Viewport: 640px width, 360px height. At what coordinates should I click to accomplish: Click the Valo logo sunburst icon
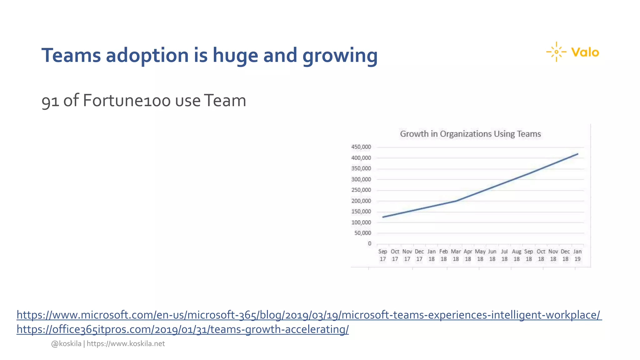point(556,52)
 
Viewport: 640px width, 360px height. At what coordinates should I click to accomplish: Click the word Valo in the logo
point(585,52)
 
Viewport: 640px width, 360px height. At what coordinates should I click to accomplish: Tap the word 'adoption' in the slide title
point(147,55)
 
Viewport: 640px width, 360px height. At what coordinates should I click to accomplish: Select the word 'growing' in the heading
point(340,55)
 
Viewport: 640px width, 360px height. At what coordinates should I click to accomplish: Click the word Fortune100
point(127,101)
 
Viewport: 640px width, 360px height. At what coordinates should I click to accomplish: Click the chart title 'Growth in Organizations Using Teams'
point(470,134)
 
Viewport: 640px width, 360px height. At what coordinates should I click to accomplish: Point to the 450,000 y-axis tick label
point(361,147)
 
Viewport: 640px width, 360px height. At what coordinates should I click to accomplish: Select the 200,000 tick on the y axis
point(361,201)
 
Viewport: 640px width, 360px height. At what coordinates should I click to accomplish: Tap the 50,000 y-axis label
point(362,233)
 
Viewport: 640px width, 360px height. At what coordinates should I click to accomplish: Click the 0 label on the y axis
point(370,243)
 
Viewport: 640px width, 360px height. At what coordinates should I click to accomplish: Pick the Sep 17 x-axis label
point(382,255)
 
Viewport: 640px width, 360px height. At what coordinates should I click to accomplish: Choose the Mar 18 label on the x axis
point(456,255)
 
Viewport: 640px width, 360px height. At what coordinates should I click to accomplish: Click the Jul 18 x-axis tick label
point(504,255)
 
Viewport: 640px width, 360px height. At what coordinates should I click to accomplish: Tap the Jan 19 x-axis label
point(577,255)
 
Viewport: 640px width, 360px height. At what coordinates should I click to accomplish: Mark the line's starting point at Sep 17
point(383,217)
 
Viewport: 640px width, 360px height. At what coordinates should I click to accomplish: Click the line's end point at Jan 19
point(577,154)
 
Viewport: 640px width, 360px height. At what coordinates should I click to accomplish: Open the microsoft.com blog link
point(309,315)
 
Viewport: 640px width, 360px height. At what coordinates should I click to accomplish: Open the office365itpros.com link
point(182,329)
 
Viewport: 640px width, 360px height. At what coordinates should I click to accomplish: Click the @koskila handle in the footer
point(66,343)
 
